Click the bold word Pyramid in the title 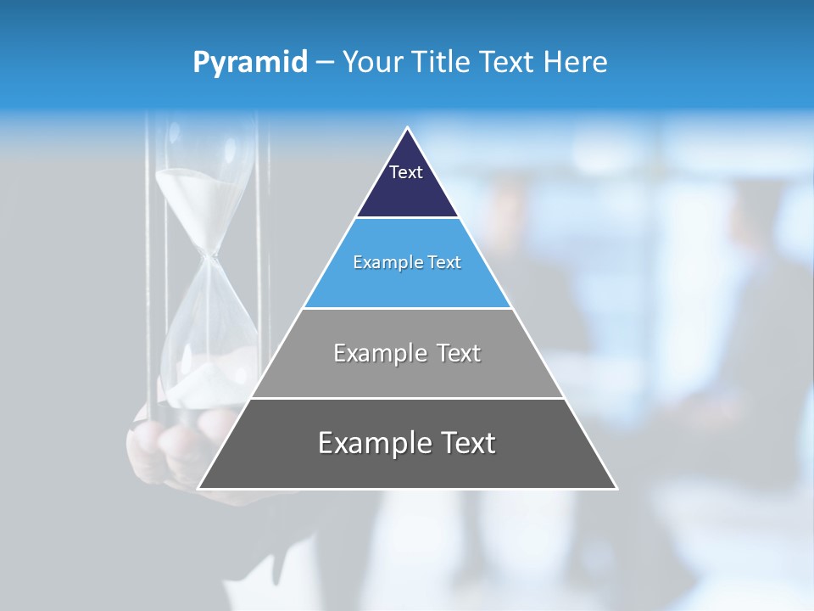click(250, 62)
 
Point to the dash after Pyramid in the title click(325, 63)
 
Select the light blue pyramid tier click(407, 284)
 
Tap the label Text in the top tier click(406, 172)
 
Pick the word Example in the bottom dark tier click(370, 443)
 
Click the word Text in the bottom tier click(467, 443)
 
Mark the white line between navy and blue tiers click(407, 218)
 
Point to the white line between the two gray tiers click(407, 398)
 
